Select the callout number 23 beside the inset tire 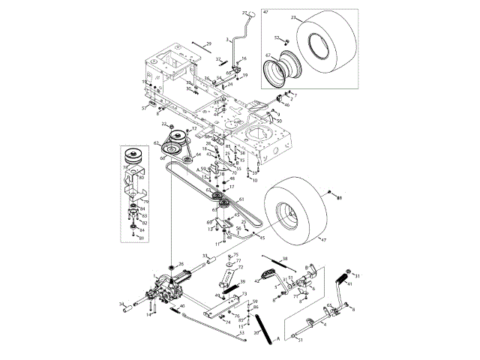[295, 18]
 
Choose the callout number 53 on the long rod [241, 333]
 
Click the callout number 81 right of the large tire [337, 197]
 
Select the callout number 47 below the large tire [324, 239]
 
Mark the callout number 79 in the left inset [146, 201]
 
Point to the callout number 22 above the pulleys [164, 123]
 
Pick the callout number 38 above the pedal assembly [286, 259]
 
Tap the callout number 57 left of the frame [145, 108]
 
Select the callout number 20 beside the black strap [256, 331]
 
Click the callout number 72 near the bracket [240, 267]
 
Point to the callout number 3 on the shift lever [227, 38]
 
